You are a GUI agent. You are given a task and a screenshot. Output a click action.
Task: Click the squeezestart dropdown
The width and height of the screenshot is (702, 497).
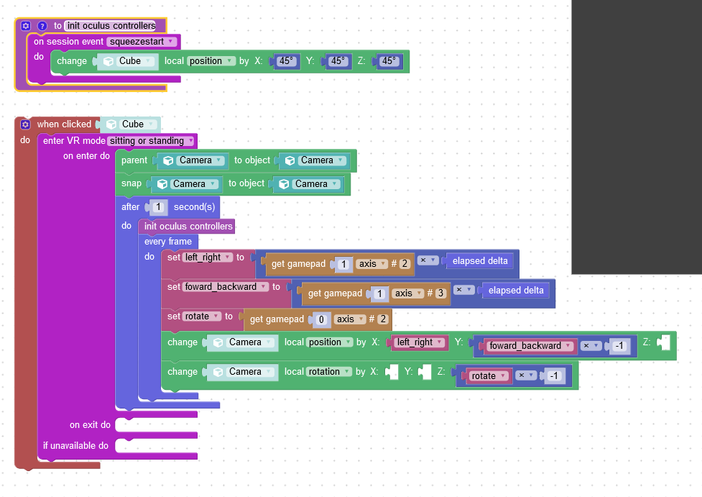[x=142, y=42]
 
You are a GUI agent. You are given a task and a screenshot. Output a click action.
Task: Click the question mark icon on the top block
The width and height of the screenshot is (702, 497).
[x=42, y=26]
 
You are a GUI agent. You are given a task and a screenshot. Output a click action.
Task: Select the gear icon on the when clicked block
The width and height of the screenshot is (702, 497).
[x=26, y=124]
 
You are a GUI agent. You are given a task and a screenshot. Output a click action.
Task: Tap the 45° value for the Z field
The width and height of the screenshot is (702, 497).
[x=388, y=61]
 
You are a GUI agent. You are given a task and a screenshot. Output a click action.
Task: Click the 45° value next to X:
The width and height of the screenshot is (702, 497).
[x=286, y=61]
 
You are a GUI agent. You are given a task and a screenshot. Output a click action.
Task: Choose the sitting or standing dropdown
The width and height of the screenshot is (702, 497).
[x=151, y=141]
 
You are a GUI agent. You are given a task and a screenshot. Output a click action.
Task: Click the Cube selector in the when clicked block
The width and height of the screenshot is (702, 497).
[x=130, y=124]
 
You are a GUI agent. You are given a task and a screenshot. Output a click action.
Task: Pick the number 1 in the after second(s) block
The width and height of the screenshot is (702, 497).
[x=158, y=207]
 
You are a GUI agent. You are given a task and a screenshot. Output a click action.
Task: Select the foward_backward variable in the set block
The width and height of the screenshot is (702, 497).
[x=226, y=287]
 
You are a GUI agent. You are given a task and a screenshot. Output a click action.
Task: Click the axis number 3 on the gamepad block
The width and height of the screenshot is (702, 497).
[x=440, y=293]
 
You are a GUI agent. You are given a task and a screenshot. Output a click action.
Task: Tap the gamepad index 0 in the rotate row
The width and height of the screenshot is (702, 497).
[x=321, y=319]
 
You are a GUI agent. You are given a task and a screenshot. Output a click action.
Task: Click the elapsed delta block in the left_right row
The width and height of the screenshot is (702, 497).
[x=480, y=261]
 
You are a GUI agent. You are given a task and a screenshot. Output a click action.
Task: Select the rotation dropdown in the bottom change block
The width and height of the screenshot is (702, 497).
[x=329, y=372]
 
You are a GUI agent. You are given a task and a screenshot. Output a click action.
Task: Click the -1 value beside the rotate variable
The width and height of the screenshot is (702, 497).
[x=554, y=376]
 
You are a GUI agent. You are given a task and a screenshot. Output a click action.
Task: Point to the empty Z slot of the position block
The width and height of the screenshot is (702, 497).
[x=664, y=342]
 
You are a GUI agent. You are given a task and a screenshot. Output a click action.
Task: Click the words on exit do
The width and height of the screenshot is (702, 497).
[x=90, y=425]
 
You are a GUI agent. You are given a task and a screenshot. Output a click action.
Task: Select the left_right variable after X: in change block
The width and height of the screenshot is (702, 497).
[x=420, y=342]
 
